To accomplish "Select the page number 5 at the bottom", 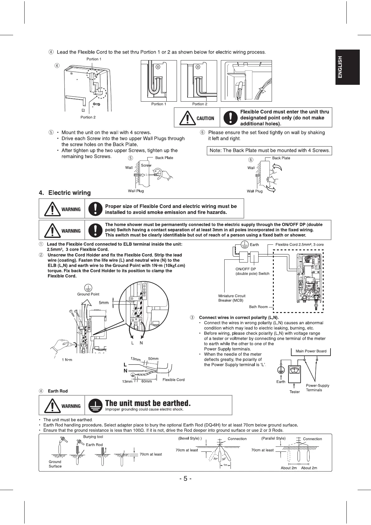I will tap(185, 487).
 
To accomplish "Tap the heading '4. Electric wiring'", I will tap(65, 193).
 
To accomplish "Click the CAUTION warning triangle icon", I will tap(187, 118).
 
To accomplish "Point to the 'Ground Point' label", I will tap(88, 294).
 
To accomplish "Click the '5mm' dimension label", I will tap(104, 302).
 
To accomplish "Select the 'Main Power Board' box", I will tap(311, 351).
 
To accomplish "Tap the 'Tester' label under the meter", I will tap(295, 392).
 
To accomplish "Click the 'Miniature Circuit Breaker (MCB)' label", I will tap(232, 298).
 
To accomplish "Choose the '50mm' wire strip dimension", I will tap(153, 359).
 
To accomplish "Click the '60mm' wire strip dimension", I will tap(146, 381).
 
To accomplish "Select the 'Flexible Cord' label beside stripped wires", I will tap(174, 380).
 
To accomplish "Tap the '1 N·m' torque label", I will tap(67, 360).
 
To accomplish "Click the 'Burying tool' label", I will tap(93, 437).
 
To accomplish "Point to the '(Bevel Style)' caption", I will tap(190, 438).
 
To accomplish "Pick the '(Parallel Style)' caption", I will tap(273, 438).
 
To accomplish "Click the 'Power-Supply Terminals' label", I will tap(317, 388).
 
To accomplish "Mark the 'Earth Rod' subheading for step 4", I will tap(58, 391).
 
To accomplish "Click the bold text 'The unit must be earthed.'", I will tap(148, 403).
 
